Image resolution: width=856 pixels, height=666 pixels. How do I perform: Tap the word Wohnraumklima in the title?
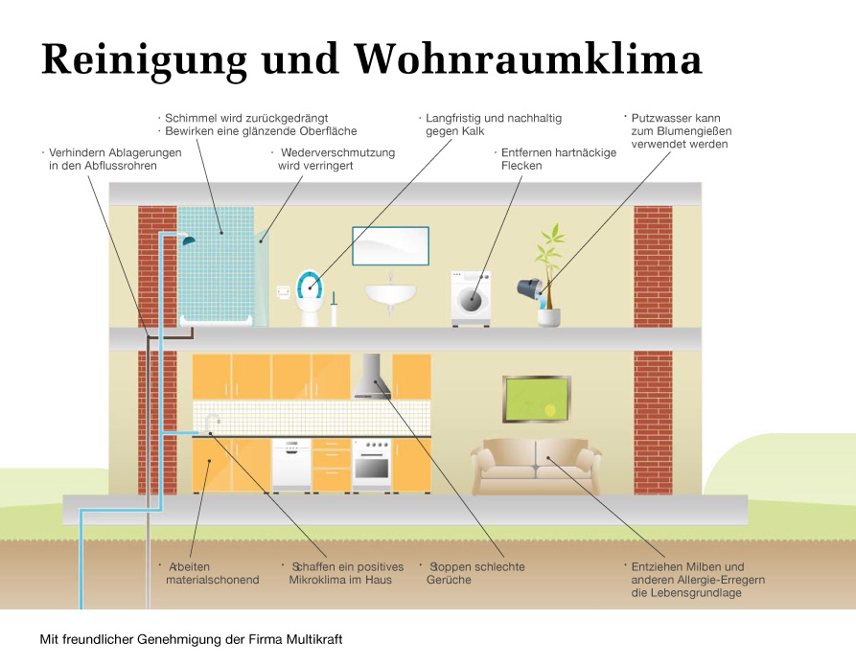(527, 58)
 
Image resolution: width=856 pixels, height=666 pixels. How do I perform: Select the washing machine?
(471, 299)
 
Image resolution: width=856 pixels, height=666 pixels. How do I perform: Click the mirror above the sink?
(389, 246)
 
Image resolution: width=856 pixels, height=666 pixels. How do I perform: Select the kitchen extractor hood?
(372, 378)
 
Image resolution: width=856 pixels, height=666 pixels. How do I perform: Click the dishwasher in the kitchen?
(291, 465)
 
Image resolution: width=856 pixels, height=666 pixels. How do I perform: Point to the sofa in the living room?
(536, 465)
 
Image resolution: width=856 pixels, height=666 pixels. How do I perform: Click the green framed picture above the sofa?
(536, 401)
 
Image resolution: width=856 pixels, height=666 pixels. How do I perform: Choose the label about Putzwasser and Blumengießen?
(676, 131)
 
